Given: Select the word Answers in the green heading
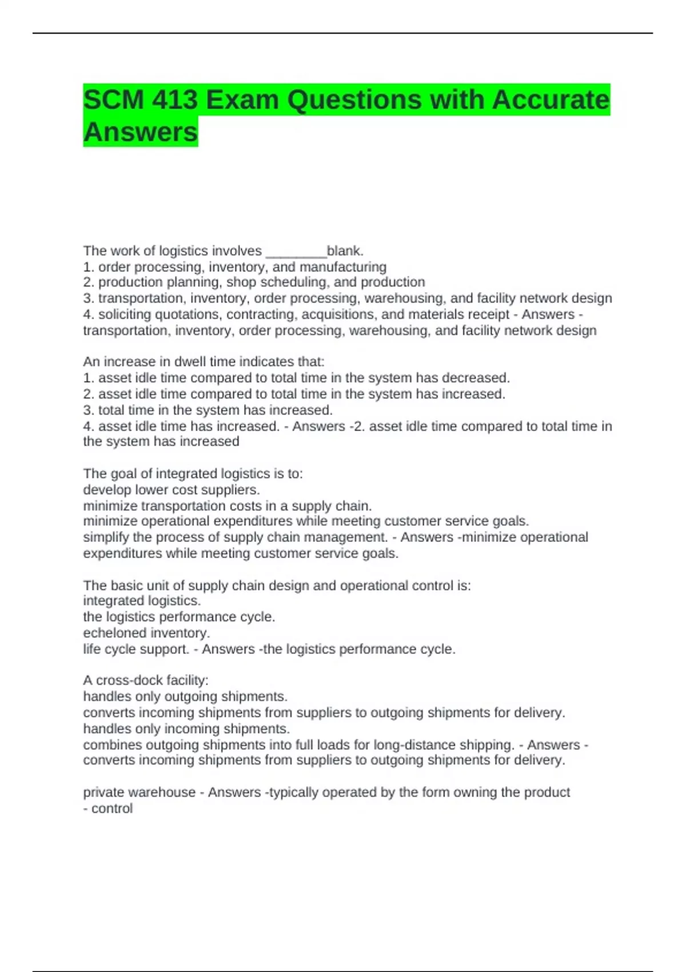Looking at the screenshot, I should [141, 132].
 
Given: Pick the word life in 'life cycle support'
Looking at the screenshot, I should [91, 650].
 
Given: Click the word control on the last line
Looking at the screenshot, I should [112, 808].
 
